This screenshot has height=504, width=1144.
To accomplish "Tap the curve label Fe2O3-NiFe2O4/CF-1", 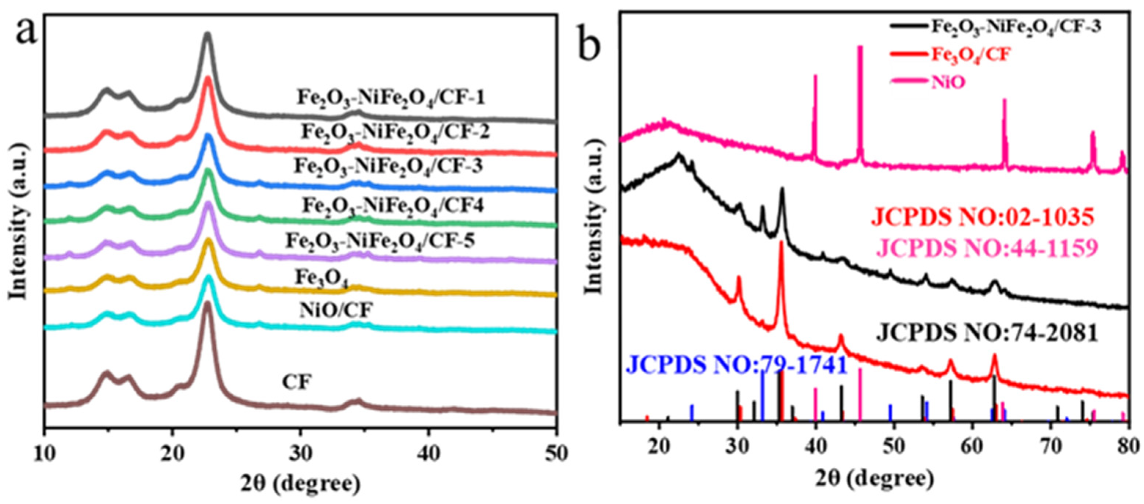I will click(391, 98).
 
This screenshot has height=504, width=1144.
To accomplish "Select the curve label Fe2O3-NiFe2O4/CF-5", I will click(380, 241).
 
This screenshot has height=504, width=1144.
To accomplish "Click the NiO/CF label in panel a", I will click(335, 310).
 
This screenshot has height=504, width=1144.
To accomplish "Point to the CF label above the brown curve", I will click(297, 382).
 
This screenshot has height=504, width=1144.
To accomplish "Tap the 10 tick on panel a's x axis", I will click(44, 454).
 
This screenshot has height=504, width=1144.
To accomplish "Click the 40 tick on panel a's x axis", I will click(429, 454).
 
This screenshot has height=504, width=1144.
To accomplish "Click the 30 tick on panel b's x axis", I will click(737, 447).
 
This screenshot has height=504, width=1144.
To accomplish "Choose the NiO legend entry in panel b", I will click(948, 82).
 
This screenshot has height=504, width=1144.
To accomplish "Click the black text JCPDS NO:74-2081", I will click(987, 333).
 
